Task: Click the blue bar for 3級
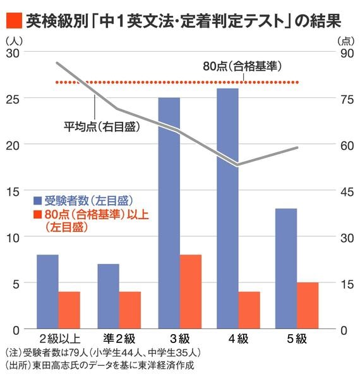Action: click(169, 214)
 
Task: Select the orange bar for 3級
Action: click(190, 292)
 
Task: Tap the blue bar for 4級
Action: click(228, 208)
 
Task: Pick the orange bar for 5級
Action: click(308, 306)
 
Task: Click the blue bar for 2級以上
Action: click(47, 292)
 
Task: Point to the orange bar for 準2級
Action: click(130, 310)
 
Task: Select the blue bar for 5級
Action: click(286, 268)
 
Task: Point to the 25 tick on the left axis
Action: click(13, 99)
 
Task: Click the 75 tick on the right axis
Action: click(346, 99)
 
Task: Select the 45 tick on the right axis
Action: click(346, 191)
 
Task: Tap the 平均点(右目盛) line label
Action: click(102, 126)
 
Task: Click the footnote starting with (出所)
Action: click(100, 366)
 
